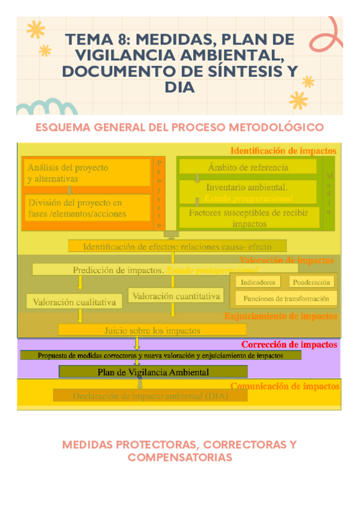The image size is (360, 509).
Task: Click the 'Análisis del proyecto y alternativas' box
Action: tap(86, 173)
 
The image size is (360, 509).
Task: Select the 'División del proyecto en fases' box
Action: tap(86, 208)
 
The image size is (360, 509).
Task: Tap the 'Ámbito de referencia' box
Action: tap(248, 167)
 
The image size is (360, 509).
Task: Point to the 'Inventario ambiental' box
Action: tap(248, 191)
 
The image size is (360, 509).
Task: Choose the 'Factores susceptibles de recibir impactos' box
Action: tap(248, 217)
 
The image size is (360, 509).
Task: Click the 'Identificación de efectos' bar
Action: tap(177, 246)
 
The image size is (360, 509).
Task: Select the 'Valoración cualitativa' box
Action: tap(74, 302)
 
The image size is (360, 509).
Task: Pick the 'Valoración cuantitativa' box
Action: tap(176, 296)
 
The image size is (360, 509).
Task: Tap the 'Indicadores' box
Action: tap(258, 282)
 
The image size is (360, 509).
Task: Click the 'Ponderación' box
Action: tap(312, 282)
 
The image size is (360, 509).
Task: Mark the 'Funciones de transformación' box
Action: tap(286, 298)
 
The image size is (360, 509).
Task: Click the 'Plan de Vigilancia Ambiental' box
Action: tap(153, 372)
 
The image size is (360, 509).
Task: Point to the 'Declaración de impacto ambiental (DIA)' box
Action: tap(150, 396)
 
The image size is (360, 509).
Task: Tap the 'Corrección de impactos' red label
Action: tap(289, 345)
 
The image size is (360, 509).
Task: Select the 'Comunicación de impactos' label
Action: tap(284, 386)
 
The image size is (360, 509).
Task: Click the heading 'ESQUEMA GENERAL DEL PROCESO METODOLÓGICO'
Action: tap(180, 127)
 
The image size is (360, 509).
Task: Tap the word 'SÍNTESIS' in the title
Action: tap(241, 71)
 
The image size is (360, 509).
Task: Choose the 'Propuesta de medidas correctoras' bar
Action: tap(161, 355)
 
